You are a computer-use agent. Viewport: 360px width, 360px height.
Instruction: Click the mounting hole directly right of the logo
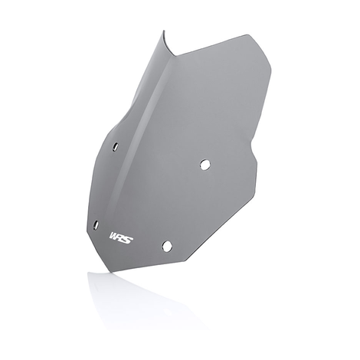point(166,245)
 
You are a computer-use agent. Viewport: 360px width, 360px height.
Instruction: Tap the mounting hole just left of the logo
point(96,224)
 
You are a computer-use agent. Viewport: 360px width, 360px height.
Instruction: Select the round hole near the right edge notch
point(205,164)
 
